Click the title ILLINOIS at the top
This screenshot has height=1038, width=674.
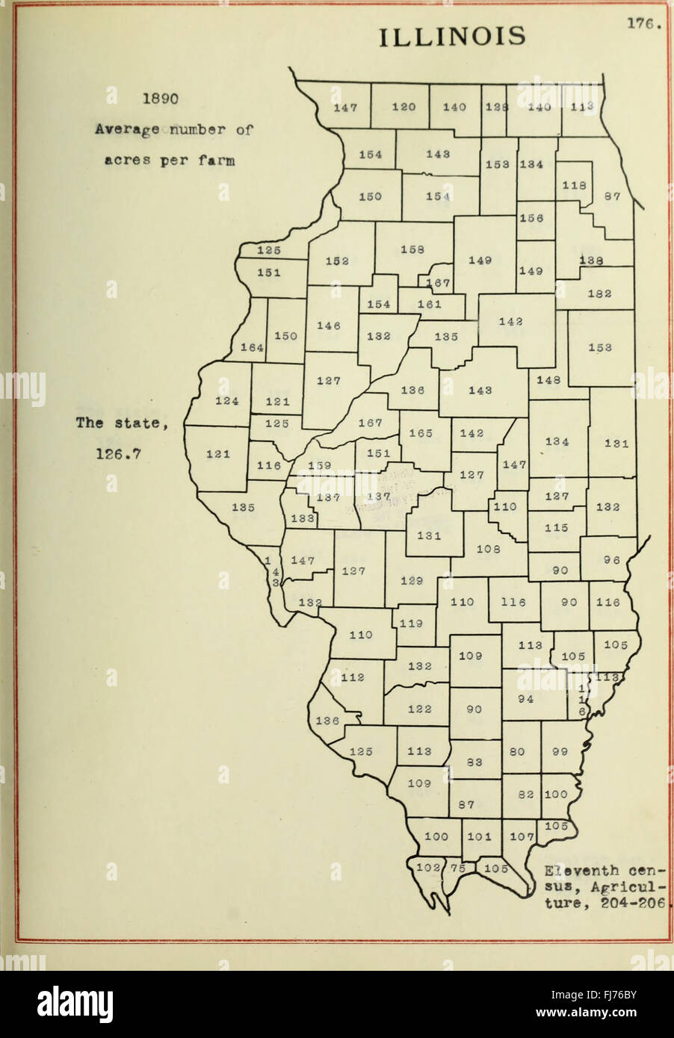tap(453, 35)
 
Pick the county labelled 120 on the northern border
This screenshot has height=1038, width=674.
tap(404, 107)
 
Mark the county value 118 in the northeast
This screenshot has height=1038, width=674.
tap(574, 185)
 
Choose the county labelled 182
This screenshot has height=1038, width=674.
tap(600, 293)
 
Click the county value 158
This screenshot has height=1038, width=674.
tap(412, 249)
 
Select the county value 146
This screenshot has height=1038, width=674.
tap(329, 326)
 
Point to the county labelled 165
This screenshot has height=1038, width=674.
tap(421, 433)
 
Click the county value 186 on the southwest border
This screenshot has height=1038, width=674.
tap(327, 721)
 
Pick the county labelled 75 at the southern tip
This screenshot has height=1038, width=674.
tap(458, 868)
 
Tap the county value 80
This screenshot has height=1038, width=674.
tap(517, 752)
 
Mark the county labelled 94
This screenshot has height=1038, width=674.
tap(525, 699)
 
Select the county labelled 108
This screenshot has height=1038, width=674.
tap(488, 549)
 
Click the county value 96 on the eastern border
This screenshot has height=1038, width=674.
tap(611, 560)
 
